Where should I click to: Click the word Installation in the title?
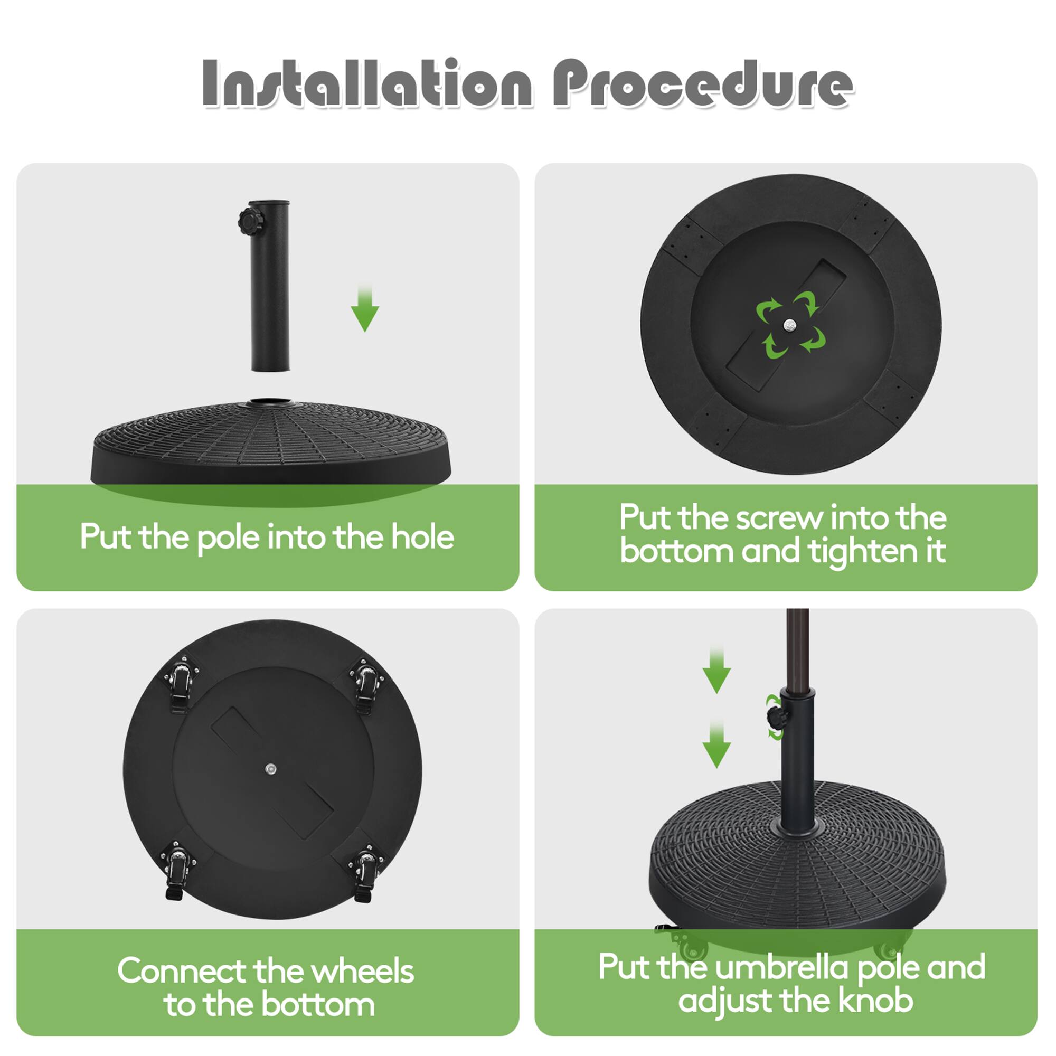tap(366, 83)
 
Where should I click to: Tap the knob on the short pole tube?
tap(250, 221)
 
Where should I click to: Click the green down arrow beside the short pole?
tap(364, 310)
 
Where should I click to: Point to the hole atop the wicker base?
tap(269, 403)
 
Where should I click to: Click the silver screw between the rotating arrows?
tap(790, 326)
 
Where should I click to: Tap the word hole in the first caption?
tap(422, 538)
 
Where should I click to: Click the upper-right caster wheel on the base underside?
tap(367, 685)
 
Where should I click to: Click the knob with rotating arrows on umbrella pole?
tap(775, 716)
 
